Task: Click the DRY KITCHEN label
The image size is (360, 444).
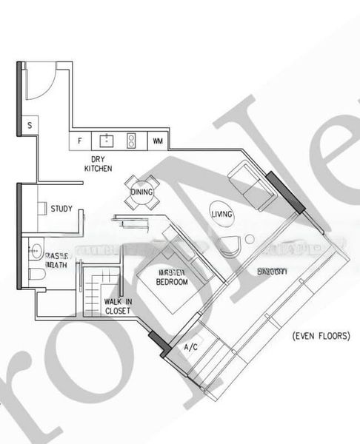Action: [98, 164]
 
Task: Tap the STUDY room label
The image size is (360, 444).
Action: [61, 209]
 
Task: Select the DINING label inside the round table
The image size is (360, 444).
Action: [141, 192]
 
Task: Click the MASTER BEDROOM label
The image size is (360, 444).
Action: [173, 277]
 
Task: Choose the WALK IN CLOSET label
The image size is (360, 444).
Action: [117, 306]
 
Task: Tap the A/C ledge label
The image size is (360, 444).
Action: [191, 346]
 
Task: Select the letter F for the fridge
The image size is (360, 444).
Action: [79, 140]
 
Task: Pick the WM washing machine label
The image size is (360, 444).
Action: [158, 140]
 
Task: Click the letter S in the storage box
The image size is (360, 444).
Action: [29, 126]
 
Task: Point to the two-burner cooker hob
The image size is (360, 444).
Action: [132, 139]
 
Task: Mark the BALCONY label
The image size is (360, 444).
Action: [272, 272]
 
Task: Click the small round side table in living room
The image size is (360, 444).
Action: [250, 238]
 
